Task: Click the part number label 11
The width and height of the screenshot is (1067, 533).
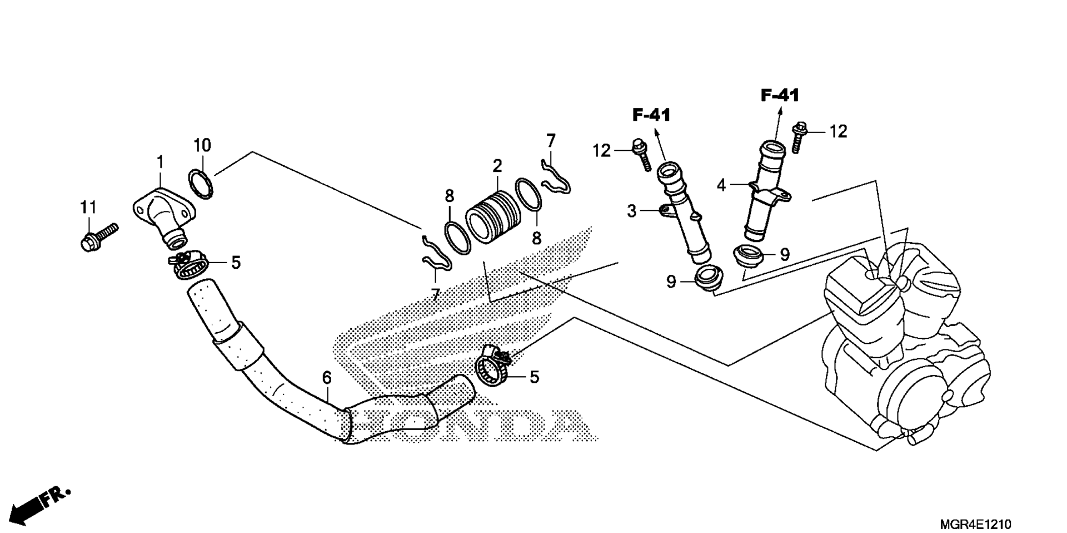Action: coord(88,208)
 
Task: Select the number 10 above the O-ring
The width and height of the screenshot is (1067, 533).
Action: coord(202,146)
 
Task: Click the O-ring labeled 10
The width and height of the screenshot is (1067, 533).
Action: coord(201,184)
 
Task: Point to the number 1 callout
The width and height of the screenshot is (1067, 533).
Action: coord(160,163)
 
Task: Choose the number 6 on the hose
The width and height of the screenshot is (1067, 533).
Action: coord(327,378)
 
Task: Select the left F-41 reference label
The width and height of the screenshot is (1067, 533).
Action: coord(651,115)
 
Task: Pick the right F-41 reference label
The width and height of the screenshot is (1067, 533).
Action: coord(780,96)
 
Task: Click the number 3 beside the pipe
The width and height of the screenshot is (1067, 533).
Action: coord(631,211)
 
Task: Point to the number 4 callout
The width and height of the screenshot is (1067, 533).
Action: coord(721,185)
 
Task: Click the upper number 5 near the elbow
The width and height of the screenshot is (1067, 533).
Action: coord(236,263)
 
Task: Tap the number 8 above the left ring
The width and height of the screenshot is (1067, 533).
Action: coord(449,196)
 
